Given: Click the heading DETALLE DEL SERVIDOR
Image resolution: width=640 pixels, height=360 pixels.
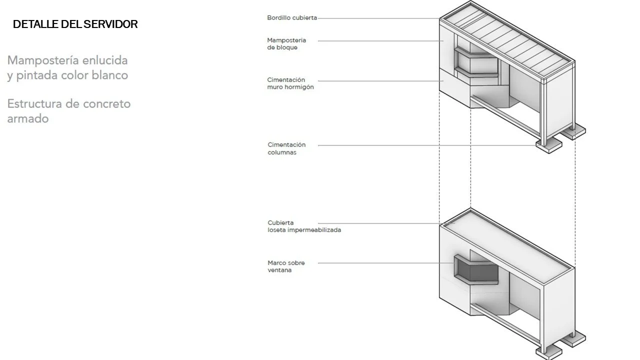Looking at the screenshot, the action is click(75, 24).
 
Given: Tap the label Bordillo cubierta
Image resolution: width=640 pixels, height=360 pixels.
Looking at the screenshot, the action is click(292, 18).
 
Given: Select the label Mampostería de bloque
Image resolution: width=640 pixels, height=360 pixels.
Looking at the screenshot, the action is click(286, 44).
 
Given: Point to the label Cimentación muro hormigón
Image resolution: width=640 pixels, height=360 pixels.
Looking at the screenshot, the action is click(290, 83).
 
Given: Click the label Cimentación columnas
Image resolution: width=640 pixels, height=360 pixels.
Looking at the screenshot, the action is click(286, 148).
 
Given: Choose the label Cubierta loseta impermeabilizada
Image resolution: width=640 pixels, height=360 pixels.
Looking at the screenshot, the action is click(304, 226).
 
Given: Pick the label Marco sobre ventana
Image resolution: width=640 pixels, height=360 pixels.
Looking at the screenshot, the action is click(286, 266).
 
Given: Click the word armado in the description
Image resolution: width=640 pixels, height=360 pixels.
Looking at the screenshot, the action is click(28, 119).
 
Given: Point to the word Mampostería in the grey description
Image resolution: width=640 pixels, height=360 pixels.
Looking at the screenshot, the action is click(43, 60).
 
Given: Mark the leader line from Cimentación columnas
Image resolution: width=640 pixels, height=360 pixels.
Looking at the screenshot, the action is click(425, 145).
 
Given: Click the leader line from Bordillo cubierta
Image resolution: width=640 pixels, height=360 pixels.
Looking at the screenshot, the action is click(377, 18).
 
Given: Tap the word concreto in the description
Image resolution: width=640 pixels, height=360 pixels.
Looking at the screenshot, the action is click(107, 104).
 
